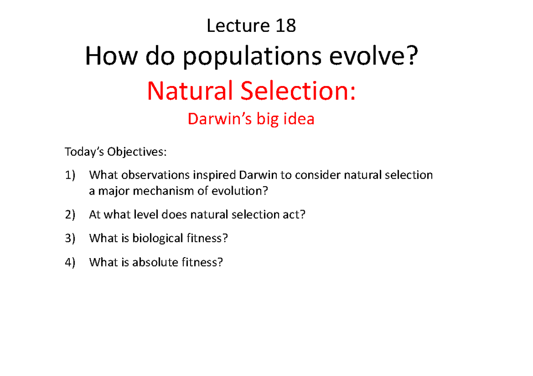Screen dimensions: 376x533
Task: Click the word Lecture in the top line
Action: tap(237, 26)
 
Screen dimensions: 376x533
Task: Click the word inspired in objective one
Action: tap(214, 175)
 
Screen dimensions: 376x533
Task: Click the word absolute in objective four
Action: tap(156, 262)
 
